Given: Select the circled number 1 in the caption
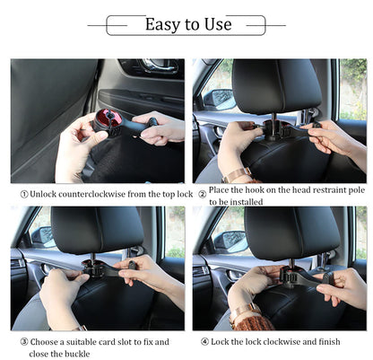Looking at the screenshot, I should click(23, 194).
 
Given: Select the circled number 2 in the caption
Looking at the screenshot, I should click(202, 194).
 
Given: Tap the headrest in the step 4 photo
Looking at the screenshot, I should click(279, 233).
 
